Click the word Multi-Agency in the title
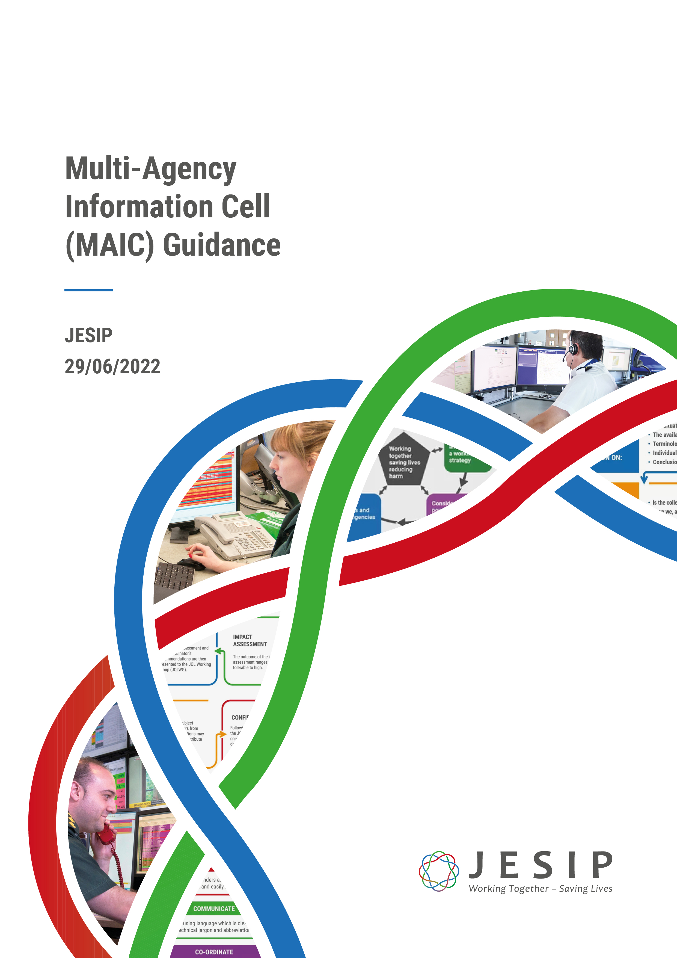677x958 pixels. (151, 169)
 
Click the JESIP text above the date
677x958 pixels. (88, 335)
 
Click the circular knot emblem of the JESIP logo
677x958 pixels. (438, 871)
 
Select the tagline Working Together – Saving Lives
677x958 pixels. (540, 889)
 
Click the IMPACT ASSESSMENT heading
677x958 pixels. (250, 640)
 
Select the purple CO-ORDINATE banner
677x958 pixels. (214, 952)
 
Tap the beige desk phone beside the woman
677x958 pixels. (234, 536)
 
